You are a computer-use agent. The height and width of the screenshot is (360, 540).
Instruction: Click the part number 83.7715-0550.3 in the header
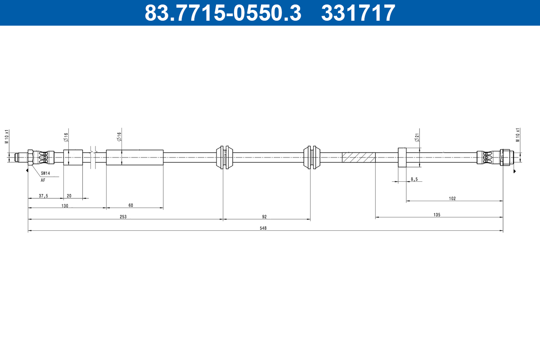tap(223, 13)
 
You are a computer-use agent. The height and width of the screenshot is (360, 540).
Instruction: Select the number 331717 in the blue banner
tap(358, 13)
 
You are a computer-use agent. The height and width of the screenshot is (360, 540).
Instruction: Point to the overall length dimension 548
tap(263, 228)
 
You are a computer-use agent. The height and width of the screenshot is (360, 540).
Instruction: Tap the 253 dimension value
tap(123, 216)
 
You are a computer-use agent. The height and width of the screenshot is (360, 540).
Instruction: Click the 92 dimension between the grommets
tap(264, 216)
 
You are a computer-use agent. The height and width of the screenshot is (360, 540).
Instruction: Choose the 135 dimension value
tap(436, 215)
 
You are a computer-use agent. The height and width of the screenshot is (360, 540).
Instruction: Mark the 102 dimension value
tap(452, 198)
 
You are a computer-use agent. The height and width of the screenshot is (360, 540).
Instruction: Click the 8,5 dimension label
tap(414, 179)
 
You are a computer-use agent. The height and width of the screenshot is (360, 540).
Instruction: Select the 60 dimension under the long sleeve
tap(131, 205)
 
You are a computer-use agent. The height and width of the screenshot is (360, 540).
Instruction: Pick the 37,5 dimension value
tap(44, 195)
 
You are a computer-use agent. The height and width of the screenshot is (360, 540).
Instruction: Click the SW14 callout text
tap(45, 173)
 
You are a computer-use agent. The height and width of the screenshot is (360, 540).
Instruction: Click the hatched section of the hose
tap(359, 157)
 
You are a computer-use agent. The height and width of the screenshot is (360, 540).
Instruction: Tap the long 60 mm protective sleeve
tap(135, 157)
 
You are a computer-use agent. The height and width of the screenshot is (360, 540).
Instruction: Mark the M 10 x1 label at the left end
tap(7, 136)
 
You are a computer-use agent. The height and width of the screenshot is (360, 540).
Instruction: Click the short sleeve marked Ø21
tap(402, 157)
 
